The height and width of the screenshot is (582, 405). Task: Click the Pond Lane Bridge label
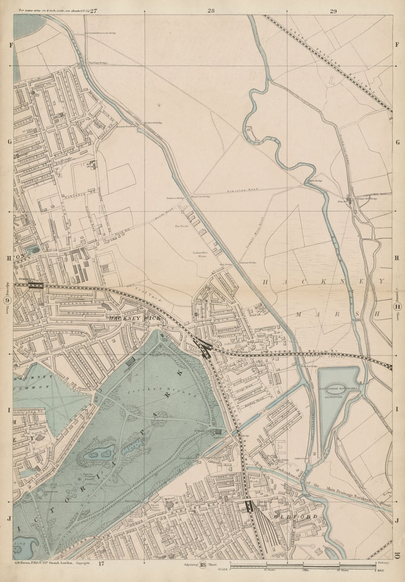98,63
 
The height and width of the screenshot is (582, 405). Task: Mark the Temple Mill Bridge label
367,199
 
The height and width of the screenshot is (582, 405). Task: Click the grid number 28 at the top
210,11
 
